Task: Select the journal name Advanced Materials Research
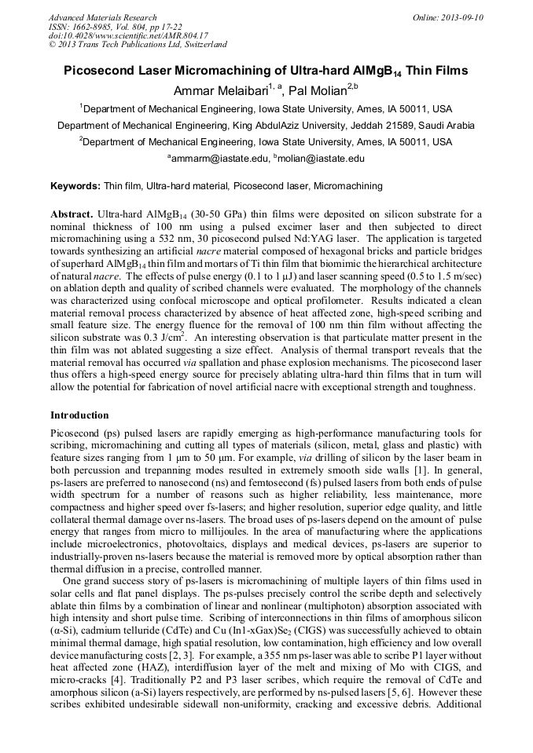102,17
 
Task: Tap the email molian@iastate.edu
321,159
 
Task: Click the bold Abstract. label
72,214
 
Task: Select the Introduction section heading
79,415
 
